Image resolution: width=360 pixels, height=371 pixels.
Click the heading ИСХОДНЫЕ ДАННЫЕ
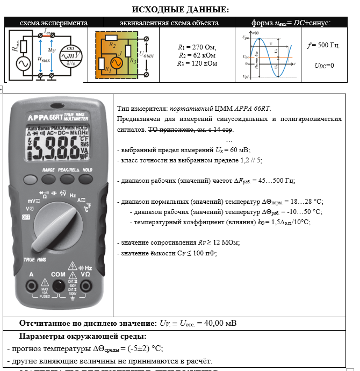click(x=180, y=10)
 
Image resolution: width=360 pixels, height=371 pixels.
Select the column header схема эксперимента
click(x=54, y=23)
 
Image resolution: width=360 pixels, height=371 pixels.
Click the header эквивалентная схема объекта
click(x=169, y=23)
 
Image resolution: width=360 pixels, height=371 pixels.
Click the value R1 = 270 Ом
click(x=197, y=47)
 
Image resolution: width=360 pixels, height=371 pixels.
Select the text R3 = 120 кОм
click(x=197, y=63)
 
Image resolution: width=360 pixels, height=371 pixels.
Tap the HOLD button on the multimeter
click(x=87, y=179)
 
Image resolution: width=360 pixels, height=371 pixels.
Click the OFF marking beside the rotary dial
click(x=26, y=218)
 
